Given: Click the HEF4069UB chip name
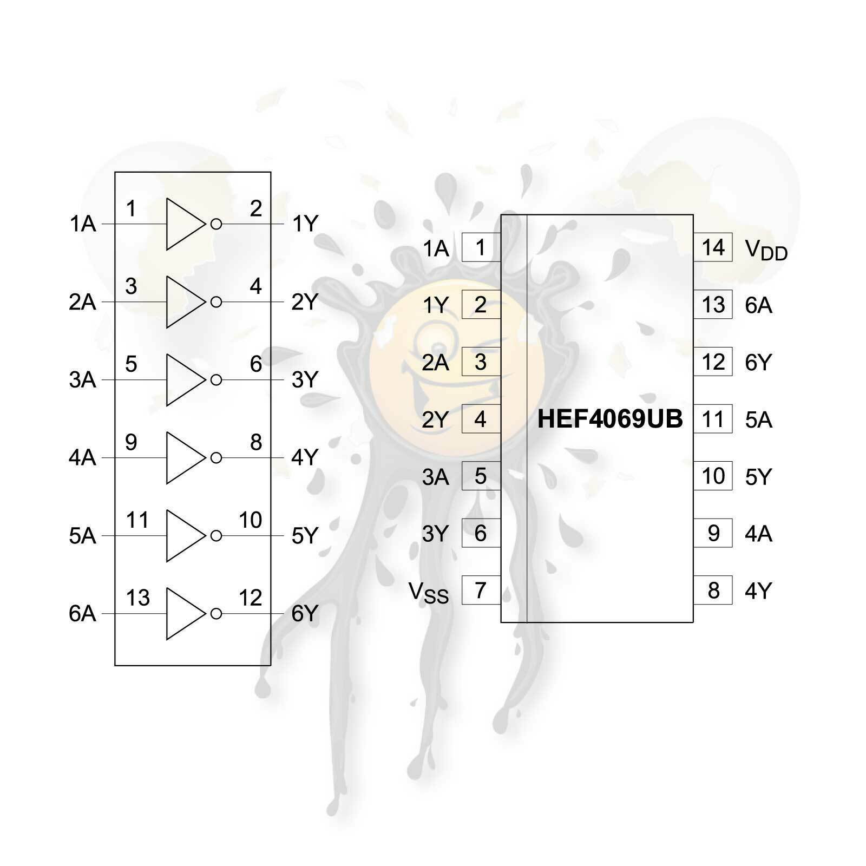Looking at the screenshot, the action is pyautogui.click(x=610, y=419).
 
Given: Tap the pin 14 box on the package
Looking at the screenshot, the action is pyautogui.click(x=713, y=247).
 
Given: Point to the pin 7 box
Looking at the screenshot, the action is pyautogui.click(x=481, y=590).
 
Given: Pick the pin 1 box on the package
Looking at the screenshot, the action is pyautogui.click(x=481, y=247).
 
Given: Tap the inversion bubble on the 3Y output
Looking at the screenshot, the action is pyautogui.click(x=216, y=380).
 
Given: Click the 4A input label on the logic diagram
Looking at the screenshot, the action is pyautogui.click(x=82, y=458).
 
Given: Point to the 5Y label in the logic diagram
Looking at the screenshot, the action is pyautogui.click(x=305, y=536).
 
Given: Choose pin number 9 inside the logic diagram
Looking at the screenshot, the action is pyautogui.click(x=131, y=442).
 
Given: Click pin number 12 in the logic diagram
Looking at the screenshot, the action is pyautogui.click(x=250, y=598).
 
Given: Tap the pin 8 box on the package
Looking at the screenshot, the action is pyautogui.click(x=713, y=590).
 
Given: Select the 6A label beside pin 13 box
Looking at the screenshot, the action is pyautogui.click(x=758, y=306).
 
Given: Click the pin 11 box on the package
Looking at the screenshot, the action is pyautogui.click(x=713, y=419).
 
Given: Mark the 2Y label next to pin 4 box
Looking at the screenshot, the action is pyautogui.click(x=435, y=420).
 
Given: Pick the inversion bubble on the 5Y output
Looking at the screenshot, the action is pyautogui.click(x=216, y=536).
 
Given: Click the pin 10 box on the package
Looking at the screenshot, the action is pyautogui.click(x=713, y=476).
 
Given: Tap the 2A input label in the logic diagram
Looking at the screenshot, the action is pyautogui.click(x=82, y=302).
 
